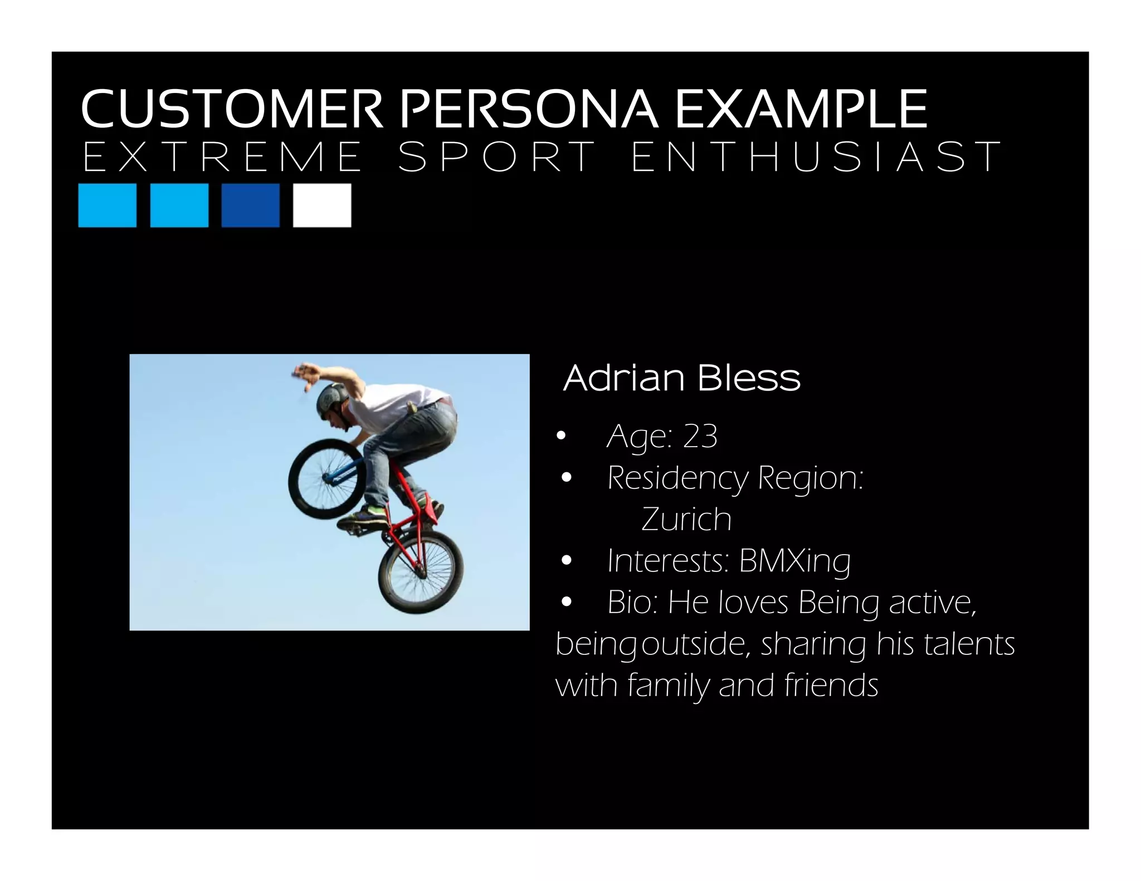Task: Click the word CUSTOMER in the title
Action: pos(231,109)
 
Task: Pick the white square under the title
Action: pos(322,205)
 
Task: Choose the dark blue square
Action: pos(250,205)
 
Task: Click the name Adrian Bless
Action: pos(681,378)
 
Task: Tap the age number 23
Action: pos(700,436)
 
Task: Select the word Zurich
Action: pos(686,520)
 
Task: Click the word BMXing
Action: pos(794,561)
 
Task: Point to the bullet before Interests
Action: pos(567,561)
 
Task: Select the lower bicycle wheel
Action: pos(421,571)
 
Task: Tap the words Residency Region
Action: pos(735,478)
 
